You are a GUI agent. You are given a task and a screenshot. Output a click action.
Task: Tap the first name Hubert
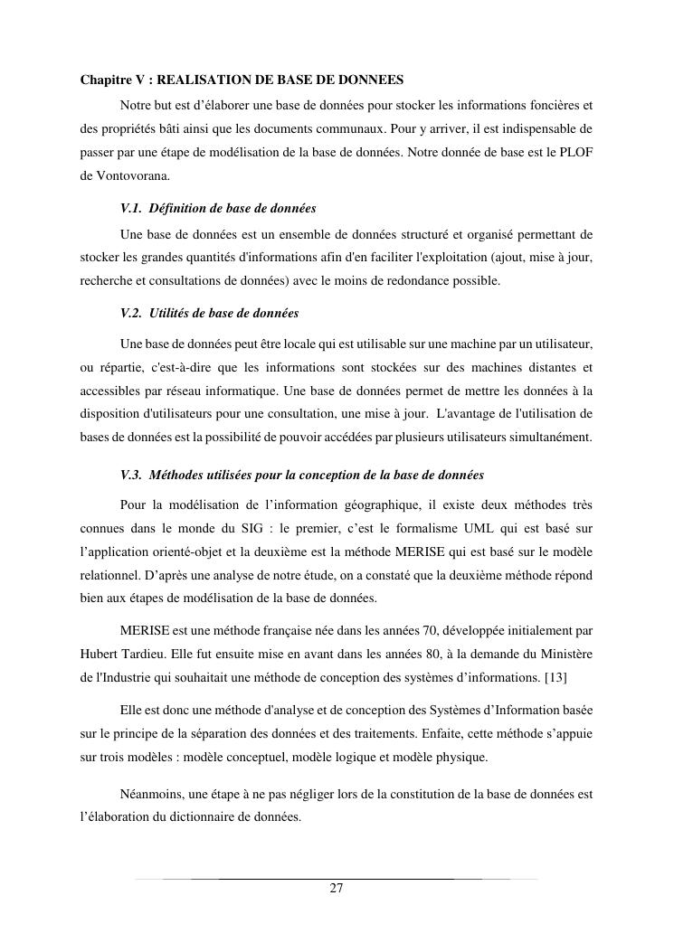tap(99, 655)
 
